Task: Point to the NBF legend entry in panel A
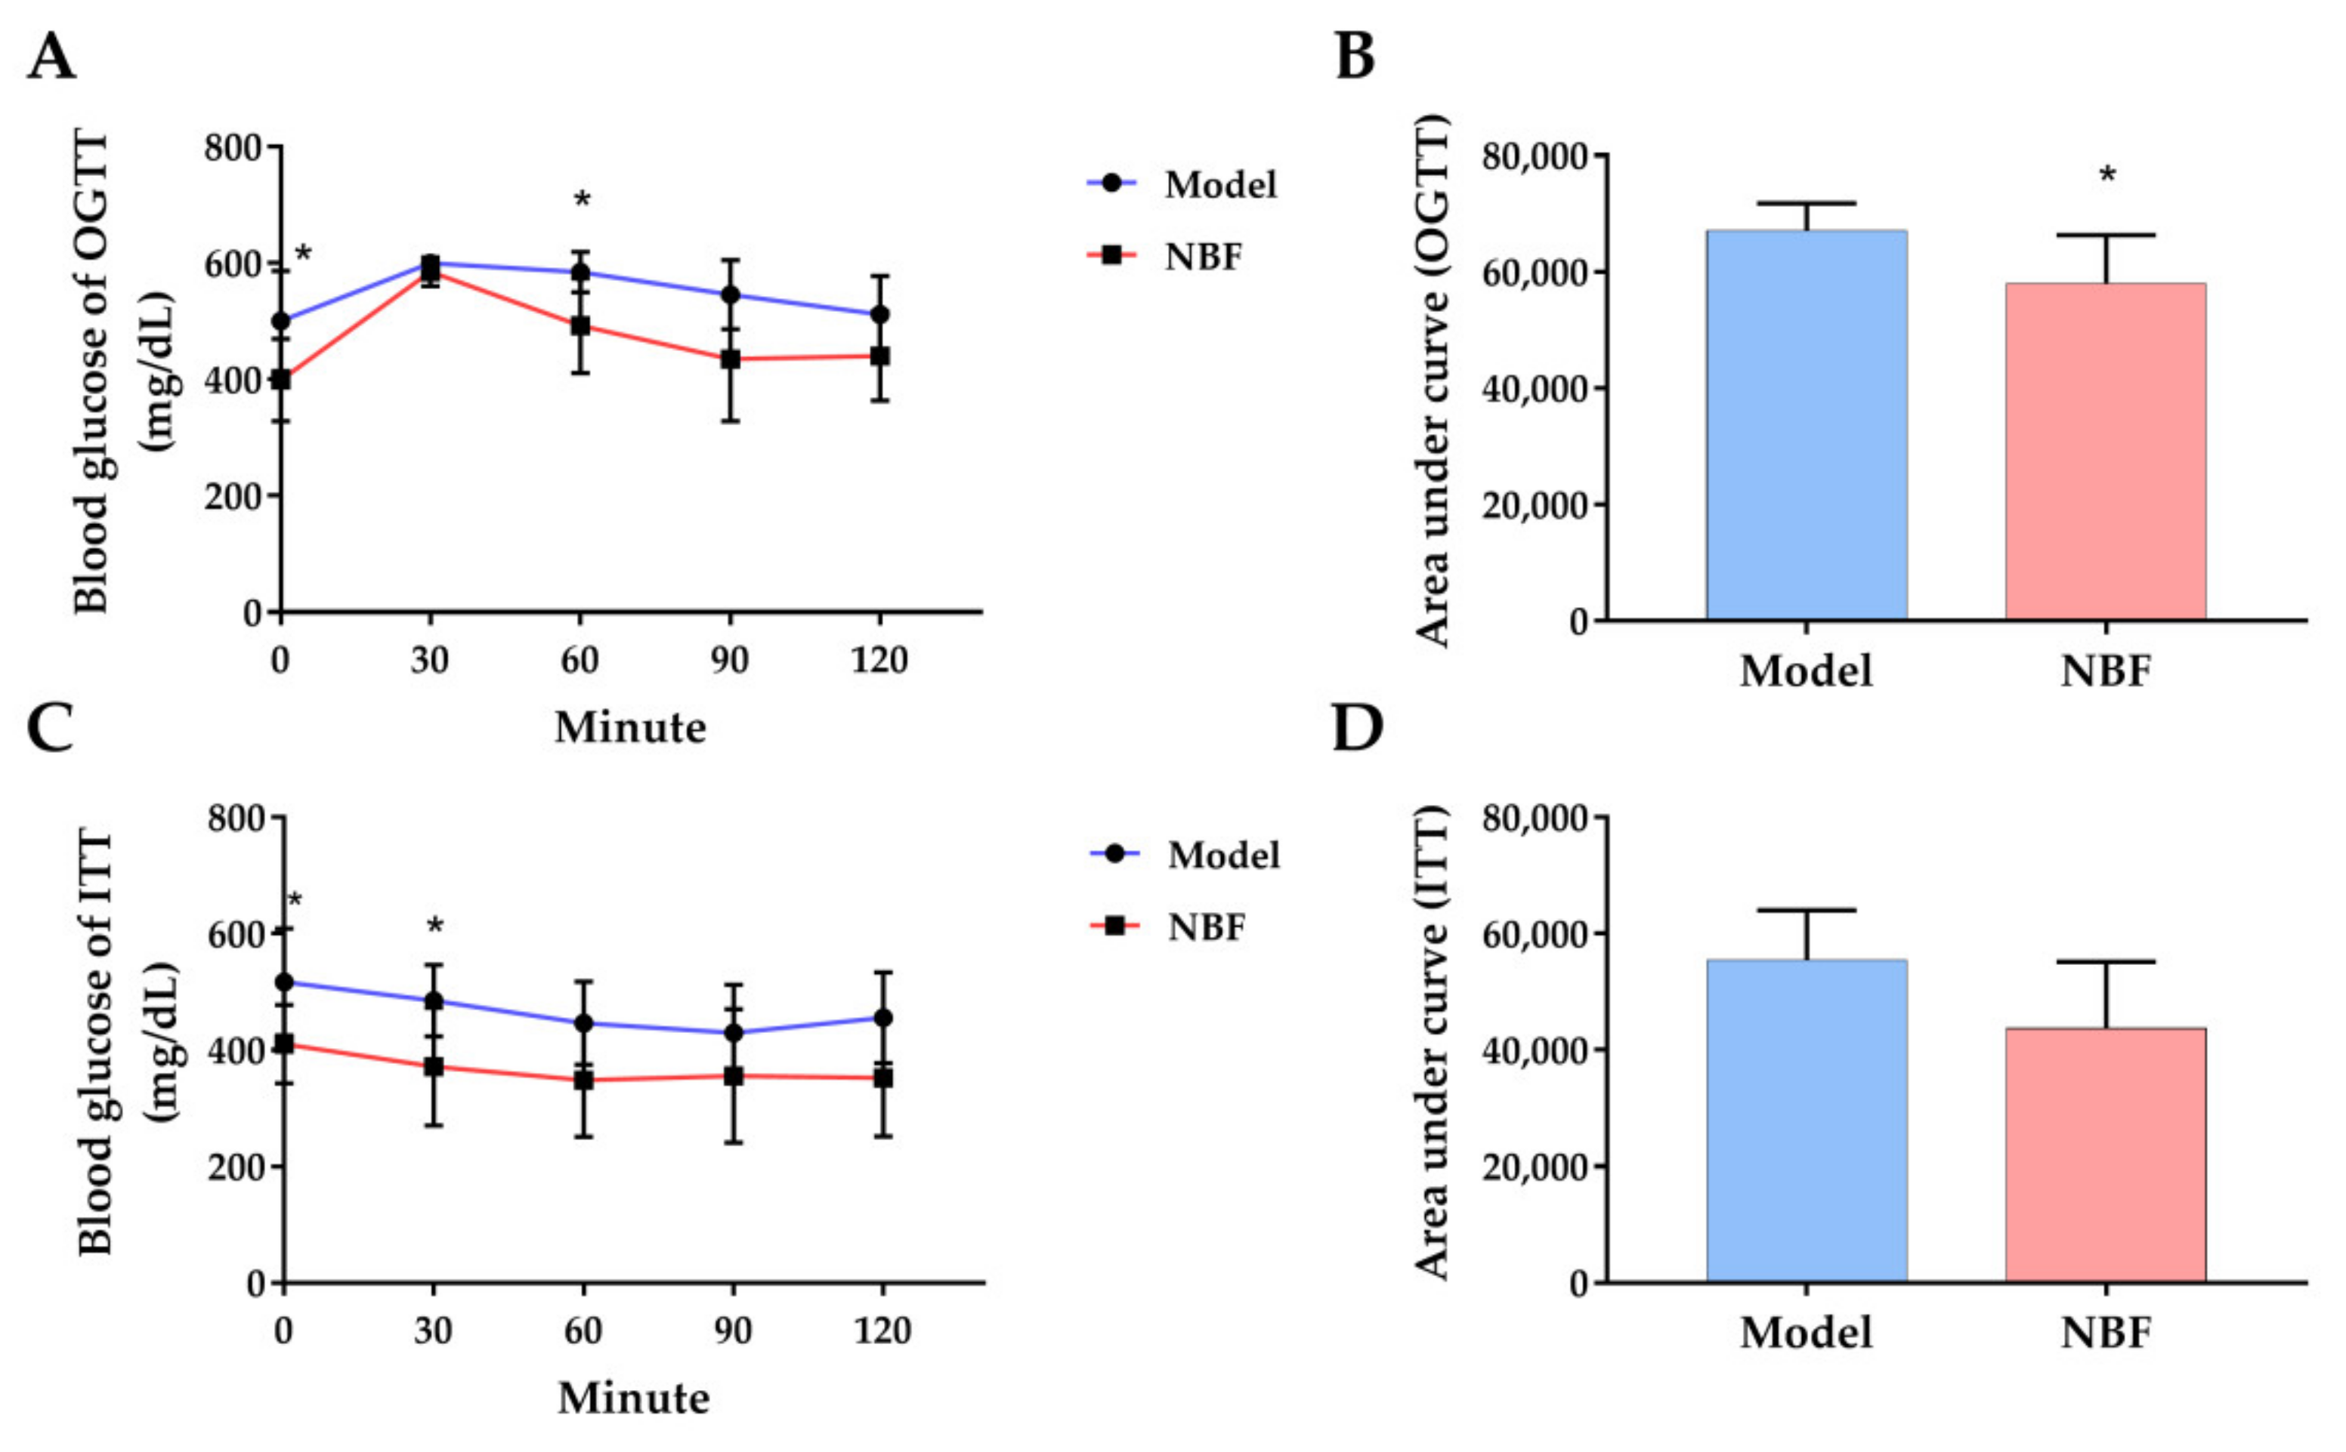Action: [1203, 257]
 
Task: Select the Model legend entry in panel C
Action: [1222, 855]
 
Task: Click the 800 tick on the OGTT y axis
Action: [233, 148]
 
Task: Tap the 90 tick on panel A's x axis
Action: [730, 660]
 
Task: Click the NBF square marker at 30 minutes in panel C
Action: [433, 1066]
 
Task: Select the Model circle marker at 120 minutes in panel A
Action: [879, 314]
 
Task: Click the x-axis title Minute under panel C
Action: [633, 1398]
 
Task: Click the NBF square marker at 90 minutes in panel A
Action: [730, 359]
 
